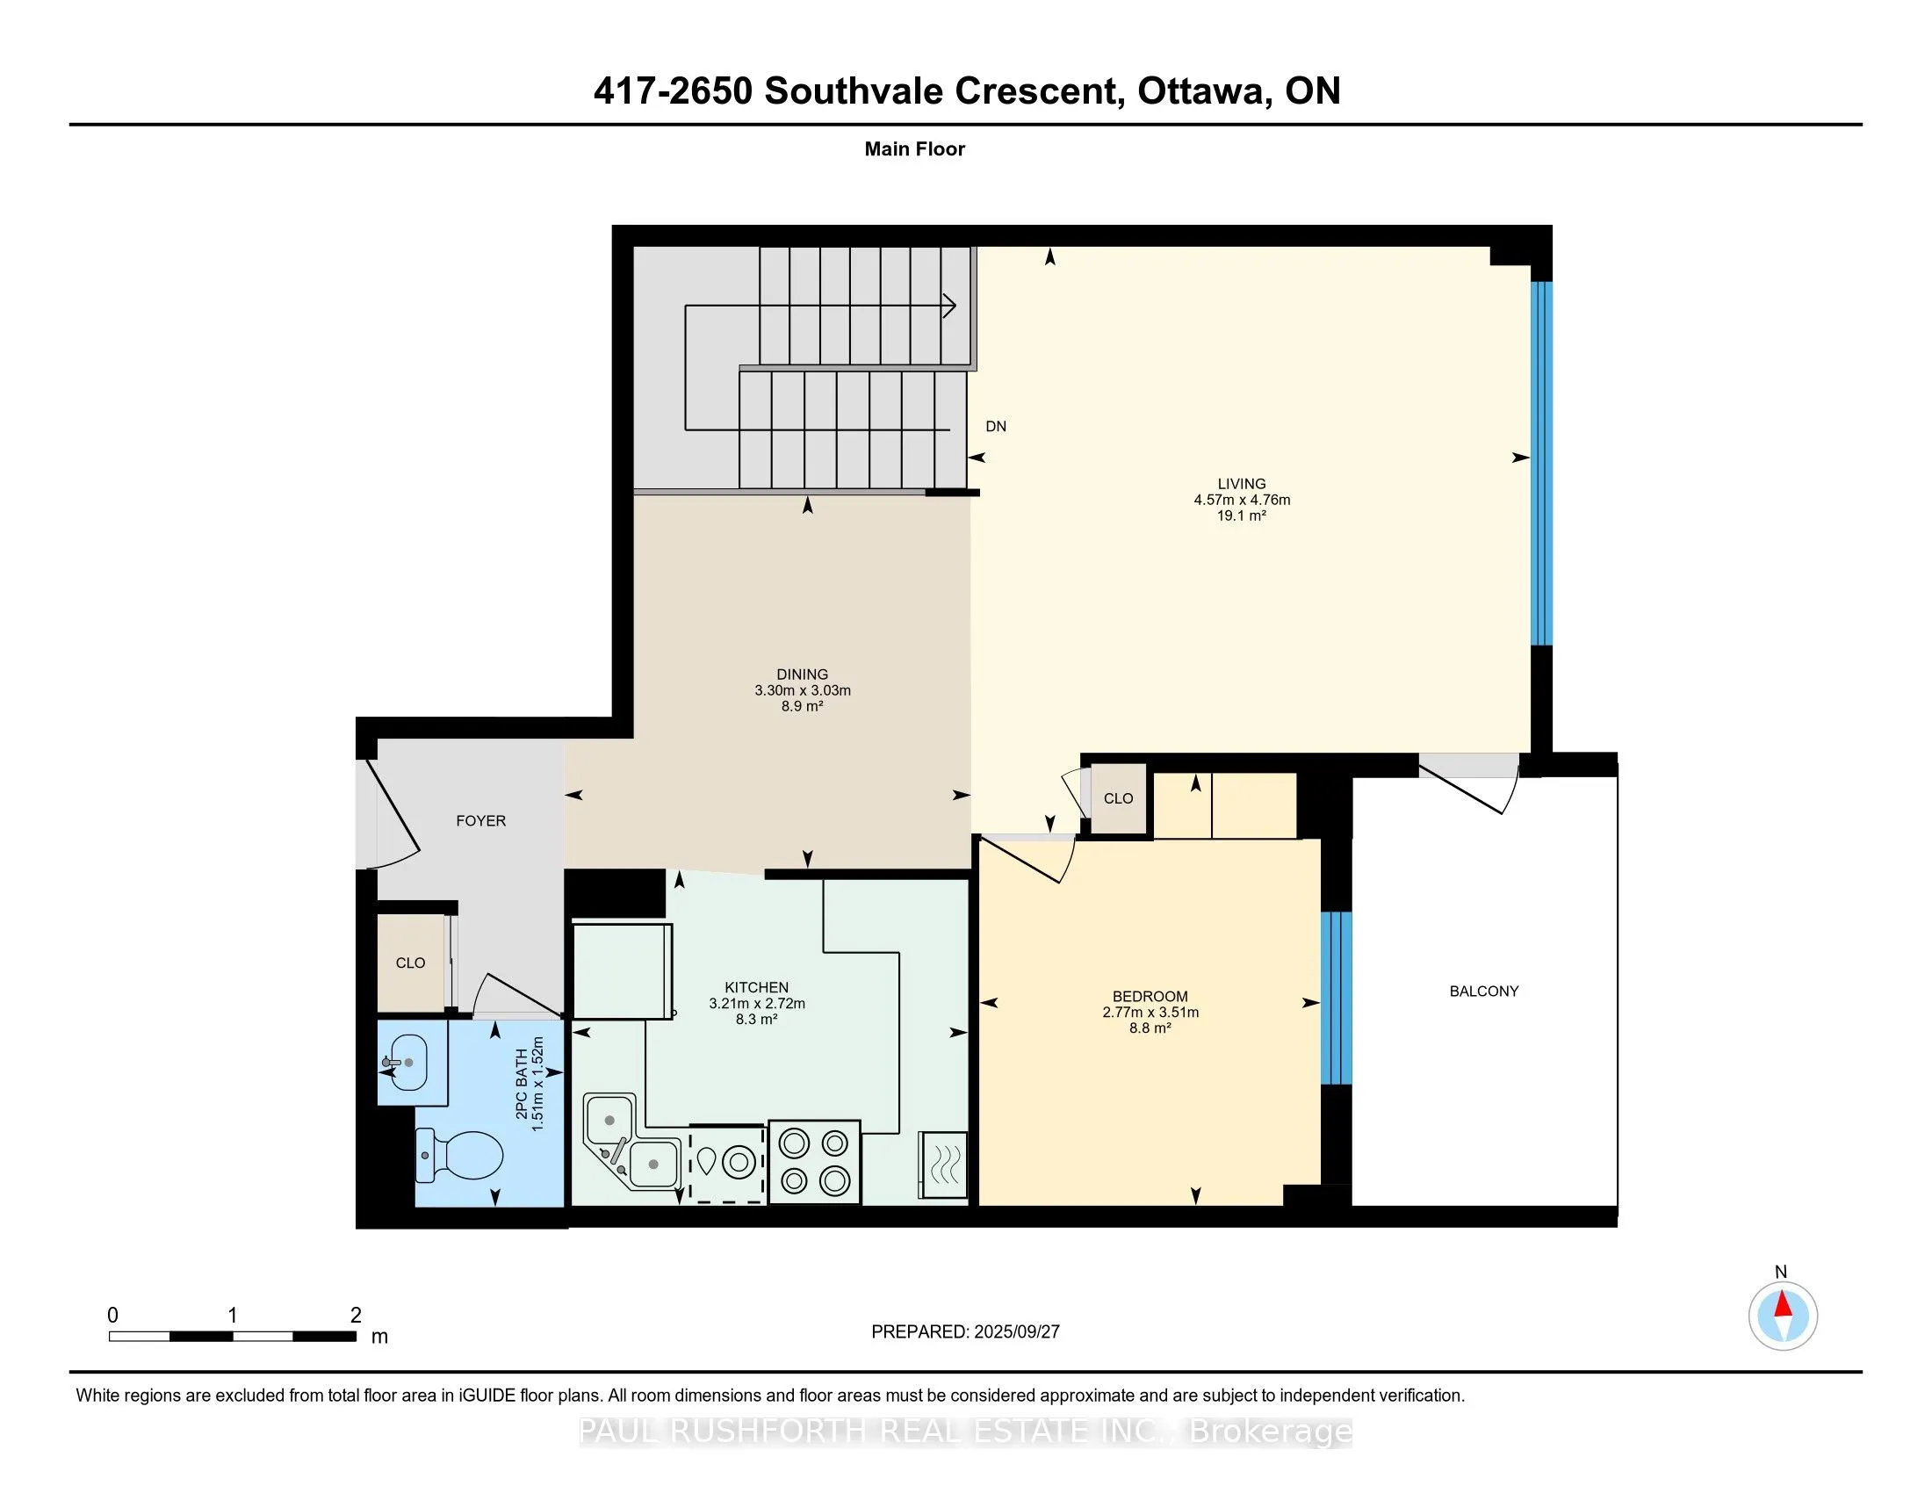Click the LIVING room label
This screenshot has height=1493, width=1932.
pos(1241,484)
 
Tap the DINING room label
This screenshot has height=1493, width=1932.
pos(803,674)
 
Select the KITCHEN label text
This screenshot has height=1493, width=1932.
pos(756,987)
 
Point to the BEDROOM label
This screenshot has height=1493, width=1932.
pos(1150,996)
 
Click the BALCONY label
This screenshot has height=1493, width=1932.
pos(1483,992)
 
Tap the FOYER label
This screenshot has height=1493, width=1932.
pos(481,821)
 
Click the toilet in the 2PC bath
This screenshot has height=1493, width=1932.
pos(458,1154)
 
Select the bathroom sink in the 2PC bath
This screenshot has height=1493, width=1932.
pos(404,1063)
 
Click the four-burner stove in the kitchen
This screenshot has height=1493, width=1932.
pos(814,1161)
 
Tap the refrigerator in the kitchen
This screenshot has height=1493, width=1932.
pos(623,971)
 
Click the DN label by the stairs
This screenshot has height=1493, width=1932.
pos(996,426)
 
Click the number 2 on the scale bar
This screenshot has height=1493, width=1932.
pos(356,1316)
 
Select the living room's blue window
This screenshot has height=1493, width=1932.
pos(1541,464)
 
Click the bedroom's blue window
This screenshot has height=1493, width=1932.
pos(1336,998)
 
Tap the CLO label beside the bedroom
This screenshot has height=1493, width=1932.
pos(1118,798)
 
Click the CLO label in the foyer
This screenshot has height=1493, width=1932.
pos(410,963)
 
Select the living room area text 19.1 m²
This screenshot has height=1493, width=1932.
pos(1241,516)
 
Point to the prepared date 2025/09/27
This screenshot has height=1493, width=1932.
pos(1015,1332)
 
